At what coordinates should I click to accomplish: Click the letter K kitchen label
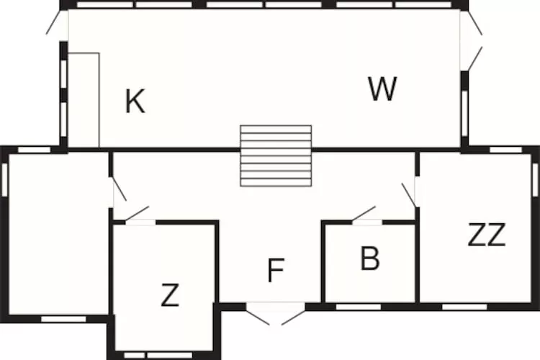pos(135,101)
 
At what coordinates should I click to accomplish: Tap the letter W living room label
pos(382,89)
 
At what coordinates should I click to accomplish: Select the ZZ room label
pos(487,234)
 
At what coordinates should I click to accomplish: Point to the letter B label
pos(370,258)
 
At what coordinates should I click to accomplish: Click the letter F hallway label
pos(276,271)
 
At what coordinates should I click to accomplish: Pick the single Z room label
pos(170,295)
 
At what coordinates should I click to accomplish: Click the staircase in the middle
pos(276,156)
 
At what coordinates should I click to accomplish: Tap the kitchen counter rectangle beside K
pos(84,100)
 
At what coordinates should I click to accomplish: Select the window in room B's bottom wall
pos(359,307)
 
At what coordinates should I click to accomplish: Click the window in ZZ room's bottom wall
pos(464,307)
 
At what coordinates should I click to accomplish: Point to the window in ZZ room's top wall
pos(505,150)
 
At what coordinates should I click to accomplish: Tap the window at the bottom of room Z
pos(158,355)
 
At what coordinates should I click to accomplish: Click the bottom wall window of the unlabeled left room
pos(63,320)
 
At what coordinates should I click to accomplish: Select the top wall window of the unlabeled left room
pos(34,150)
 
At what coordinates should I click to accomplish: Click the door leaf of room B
pos(364,213)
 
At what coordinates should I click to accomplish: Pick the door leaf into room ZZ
pos(409,195)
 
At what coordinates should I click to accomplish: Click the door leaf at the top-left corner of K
pos(55,22)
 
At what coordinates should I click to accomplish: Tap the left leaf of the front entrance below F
pos(258,314)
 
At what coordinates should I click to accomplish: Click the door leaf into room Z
pos(137,213)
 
